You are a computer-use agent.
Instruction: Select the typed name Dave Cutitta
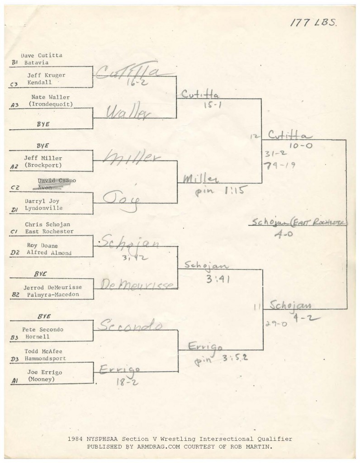coord(42,56)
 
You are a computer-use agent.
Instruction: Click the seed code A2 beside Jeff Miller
coord(14,167)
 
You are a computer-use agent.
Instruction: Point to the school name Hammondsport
coord(45,358)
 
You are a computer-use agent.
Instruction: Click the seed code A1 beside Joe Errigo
coord(14,382)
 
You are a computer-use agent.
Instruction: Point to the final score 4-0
coord(284,235)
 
